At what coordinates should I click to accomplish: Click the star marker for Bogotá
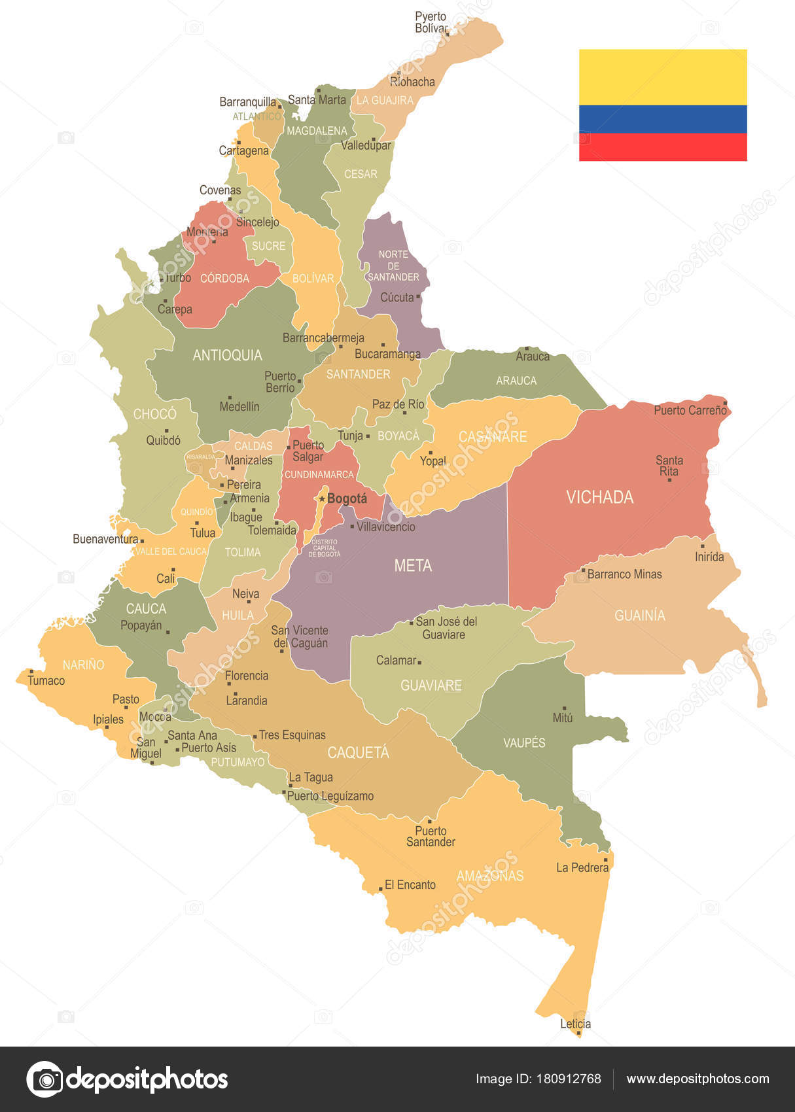322,498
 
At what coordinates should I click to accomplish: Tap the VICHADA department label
599,497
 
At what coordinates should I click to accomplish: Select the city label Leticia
575,1024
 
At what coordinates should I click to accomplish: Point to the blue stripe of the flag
662,119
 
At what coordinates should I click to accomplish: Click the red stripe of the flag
662,147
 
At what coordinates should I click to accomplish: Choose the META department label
413,565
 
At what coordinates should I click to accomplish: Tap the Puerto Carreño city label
690,410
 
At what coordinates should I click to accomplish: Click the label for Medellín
239,406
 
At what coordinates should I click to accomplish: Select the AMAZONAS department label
490,875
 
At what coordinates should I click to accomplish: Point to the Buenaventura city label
105,539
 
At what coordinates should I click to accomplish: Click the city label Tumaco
46,680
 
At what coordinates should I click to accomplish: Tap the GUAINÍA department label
639,615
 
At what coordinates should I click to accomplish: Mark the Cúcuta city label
397,297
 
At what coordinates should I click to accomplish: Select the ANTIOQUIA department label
227,355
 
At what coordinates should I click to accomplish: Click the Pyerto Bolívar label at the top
431,22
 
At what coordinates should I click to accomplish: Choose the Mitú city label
562,718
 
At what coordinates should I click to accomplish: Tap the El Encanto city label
410,884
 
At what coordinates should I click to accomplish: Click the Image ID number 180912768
568,1079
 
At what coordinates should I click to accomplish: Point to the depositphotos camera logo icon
44,1079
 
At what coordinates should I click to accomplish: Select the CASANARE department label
492,436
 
